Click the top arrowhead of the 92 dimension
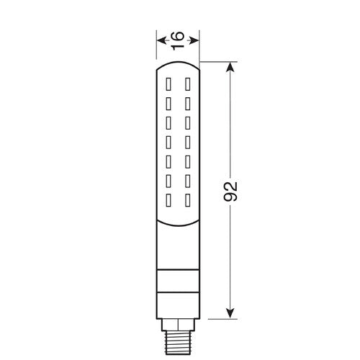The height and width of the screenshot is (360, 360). click(230, 66)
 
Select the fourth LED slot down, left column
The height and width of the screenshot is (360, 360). click(171, 136)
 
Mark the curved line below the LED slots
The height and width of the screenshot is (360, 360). click(179, 218)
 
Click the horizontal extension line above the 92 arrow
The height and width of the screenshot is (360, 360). click(216, 63)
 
